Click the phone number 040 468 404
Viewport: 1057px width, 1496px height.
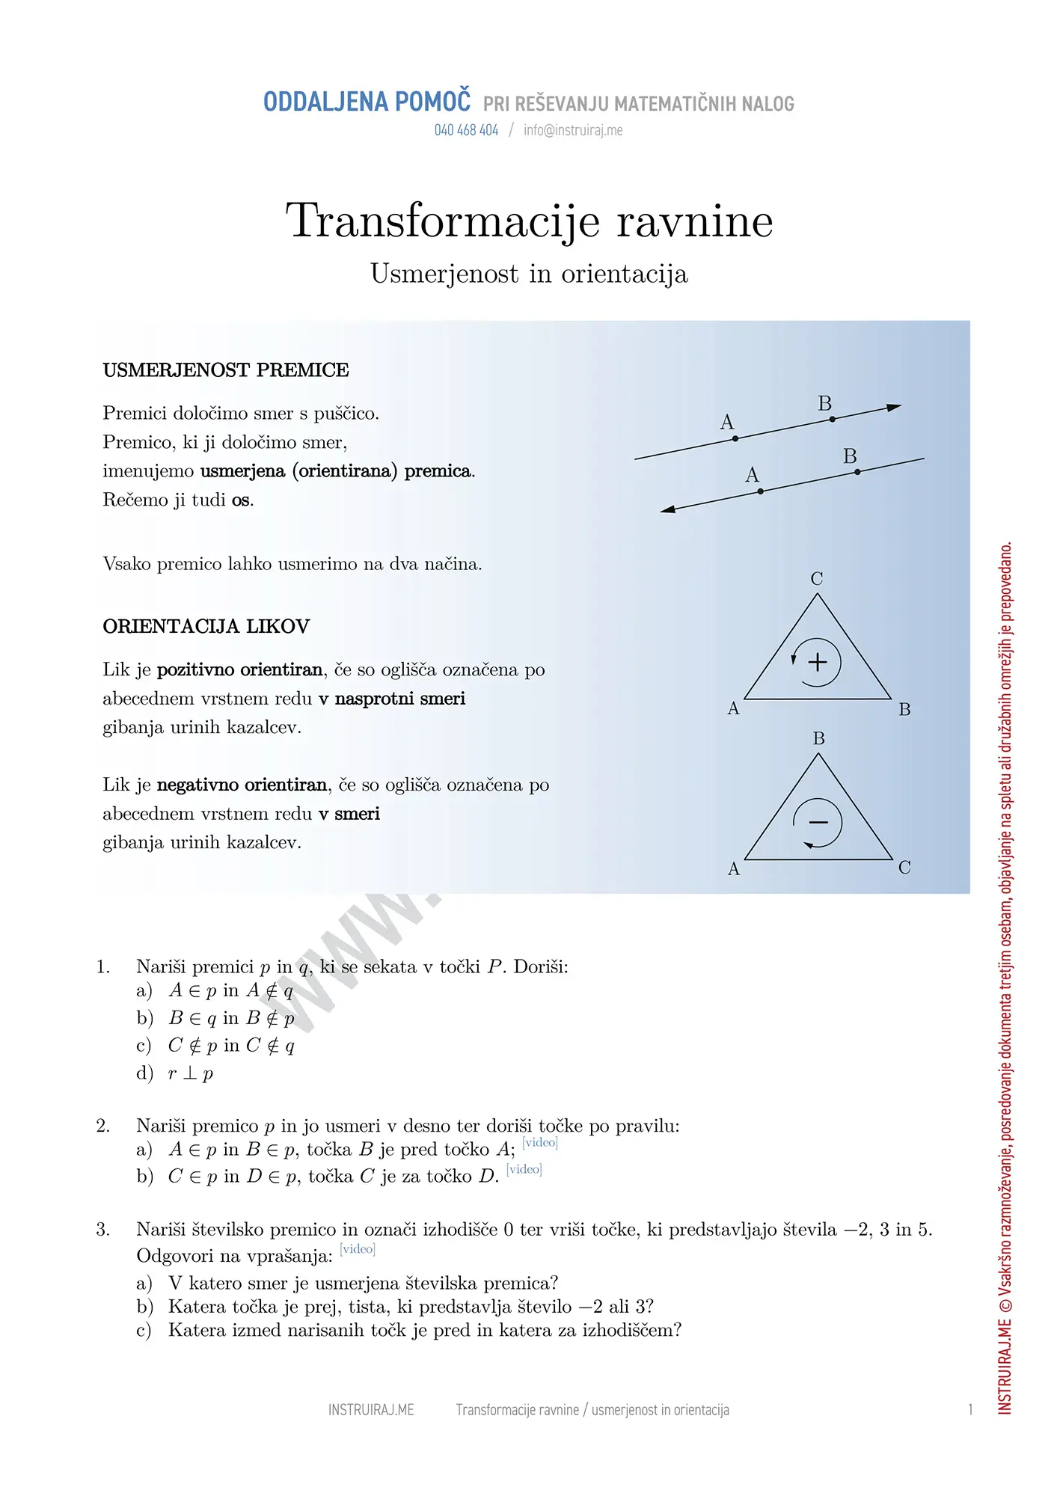(x=466, y=130)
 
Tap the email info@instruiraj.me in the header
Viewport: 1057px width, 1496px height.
(x=573, y=130)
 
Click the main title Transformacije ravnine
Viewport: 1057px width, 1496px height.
(x=529, y=221)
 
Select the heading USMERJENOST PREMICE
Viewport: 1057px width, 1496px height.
(x=226, y=370)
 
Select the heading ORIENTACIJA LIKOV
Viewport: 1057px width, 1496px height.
(x=206, y=626)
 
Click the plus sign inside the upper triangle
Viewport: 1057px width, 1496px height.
(x=818, y=662)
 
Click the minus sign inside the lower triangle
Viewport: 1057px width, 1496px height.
(x=818, y=822)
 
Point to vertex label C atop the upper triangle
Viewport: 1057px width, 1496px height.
(x=817, y=578)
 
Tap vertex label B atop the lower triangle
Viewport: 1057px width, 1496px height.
(x=819, y=738)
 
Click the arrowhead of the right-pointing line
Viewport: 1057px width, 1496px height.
(x=894, y=408)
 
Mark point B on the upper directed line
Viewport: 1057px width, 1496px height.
(x=833, y=420)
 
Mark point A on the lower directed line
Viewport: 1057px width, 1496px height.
(x=761, y=491)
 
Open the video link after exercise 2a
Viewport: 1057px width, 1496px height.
(x=540, y=1142)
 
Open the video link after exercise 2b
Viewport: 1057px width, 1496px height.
(x=524, y=1169)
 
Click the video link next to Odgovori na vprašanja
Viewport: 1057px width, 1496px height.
(x=358, y=1248)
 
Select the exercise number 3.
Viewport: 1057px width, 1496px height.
(x=103, y=1229)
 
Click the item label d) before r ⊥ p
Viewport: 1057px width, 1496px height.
(x=144, y=1073)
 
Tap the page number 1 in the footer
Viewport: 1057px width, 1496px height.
(x=970, y=1410)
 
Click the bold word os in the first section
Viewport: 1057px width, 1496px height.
(x=241, y=500)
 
